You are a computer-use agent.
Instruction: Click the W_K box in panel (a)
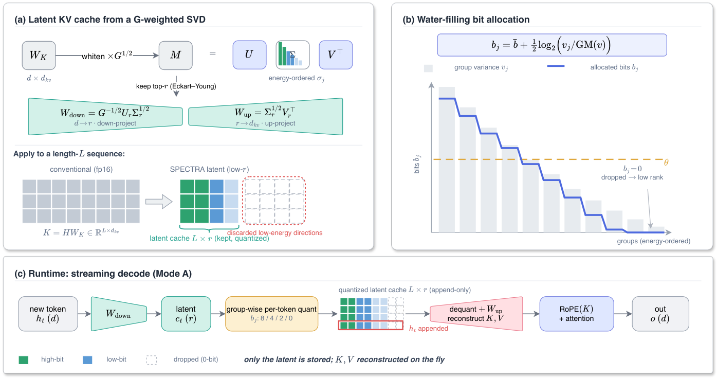39,56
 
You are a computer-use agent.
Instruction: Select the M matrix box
176,56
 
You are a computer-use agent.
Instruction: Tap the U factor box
250,55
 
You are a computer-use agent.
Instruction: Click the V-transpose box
336,55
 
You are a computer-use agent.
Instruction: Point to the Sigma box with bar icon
292,55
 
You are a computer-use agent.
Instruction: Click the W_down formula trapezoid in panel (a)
105,117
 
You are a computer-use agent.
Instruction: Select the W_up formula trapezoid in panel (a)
266,117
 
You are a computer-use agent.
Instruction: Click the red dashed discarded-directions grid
274,201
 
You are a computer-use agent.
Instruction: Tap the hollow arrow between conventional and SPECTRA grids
159,202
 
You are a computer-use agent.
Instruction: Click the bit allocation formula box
552,45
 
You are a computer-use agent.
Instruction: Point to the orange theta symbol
666,163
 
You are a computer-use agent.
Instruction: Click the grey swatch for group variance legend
428,68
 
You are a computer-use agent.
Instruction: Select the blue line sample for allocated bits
556,66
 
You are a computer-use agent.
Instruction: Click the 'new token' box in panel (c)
48,314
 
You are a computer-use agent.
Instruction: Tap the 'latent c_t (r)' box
186,314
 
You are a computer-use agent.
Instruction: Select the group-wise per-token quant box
272,314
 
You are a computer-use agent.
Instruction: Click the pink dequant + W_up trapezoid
476,314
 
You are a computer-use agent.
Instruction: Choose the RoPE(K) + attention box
577,314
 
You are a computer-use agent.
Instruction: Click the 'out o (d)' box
660,314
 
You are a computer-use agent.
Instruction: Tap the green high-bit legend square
23,360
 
